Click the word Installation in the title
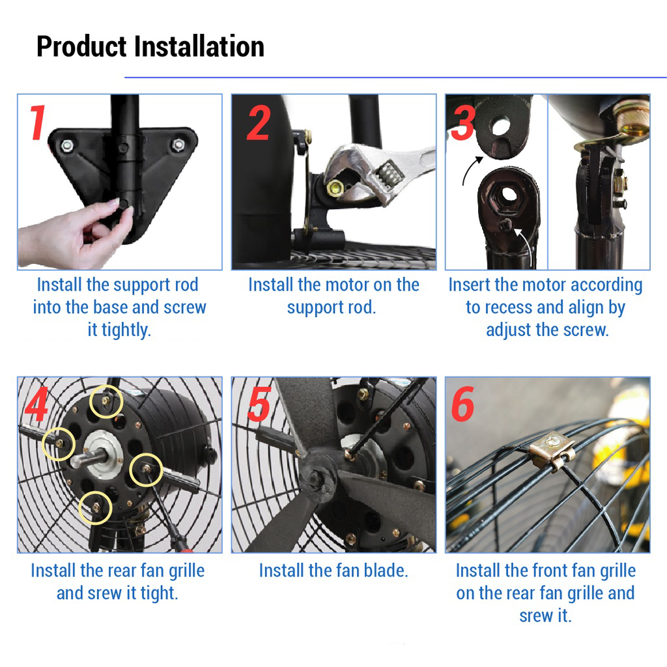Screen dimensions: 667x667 click(x=199, y=46)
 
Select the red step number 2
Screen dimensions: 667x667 click(x=258, y=123)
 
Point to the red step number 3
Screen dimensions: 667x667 click(x=463, y=122)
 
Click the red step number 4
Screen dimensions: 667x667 click(x=36, y=404)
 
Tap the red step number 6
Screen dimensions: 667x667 click(x=462, y=404)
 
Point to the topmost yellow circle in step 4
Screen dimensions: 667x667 click(x=106, y=401)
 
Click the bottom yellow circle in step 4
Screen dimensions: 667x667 click(x=95, y=507)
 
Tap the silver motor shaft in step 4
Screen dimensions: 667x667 click(x=89, y=458)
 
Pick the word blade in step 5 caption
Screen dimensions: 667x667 click(x=384, y=571)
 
